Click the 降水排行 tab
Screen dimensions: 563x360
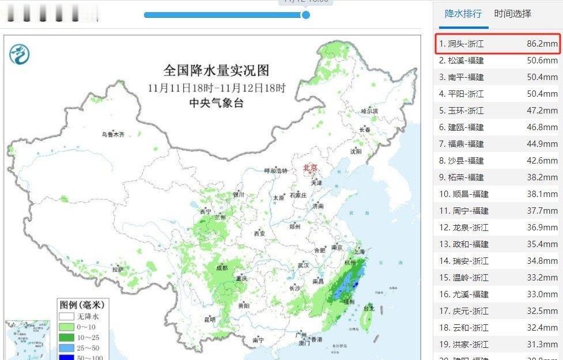(463, 14)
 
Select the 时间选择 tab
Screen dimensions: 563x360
(512, 14)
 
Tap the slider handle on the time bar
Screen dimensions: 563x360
(306, 14)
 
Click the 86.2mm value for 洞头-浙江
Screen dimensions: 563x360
(542, 44)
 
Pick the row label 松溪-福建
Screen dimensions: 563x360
(461, 60)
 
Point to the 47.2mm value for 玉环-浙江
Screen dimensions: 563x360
(542, 111)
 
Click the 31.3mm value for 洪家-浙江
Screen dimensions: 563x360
(542, 344)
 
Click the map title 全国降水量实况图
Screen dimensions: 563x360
(216, 71)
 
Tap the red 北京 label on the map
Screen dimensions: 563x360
(310, 168)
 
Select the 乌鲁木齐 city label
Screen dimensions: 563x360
(113, 134)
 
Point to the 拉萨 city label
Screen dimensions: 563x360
(118, 269)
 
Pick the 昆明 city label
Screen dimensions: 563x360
(209, 319)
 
